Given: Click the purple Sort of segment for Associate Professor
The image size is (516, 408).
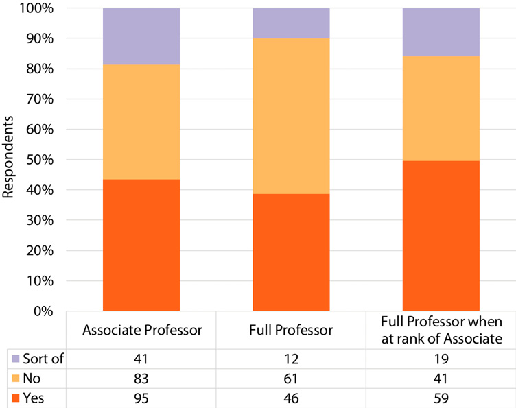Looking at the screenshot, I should (x=141, y=36).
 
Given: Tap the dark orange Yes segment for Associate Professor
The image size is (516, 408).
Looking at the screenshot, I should (x=141, y=245).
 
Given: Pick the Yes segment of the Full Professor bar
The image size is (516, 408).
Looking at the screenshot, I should (x=291, y=252).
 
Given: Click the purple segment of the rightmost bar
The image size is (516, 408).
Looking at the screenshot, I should (x=441, y=32).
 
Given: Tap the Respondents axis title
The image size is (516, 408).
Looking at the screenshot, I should (x=10, y=159).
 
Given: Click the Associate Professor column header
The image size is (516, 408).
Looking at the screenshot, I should (x=141, y=330).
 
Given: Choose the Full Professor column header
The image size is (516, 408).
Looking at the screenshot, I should (x=291, y=330).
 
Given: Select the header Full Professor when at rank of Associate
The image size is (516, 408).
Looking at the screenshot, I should (x=441, y=330).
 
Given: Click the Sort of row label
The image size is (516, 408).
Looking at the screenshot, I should (x=42, y=358).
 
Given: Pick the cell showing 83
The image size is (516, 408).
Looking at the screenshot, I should (x=141, y=377).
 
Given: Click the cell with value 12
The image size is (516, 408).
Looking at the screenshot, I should (x=291, y=358).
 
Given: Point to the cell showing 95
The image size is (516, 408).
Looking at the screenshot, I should (x=141, y=396).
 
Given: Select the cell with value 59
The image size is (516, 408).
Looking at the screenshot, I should (x=441, y=396).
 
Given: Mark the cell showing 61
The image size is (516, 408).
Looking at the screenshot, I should (x=291, y=377).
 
